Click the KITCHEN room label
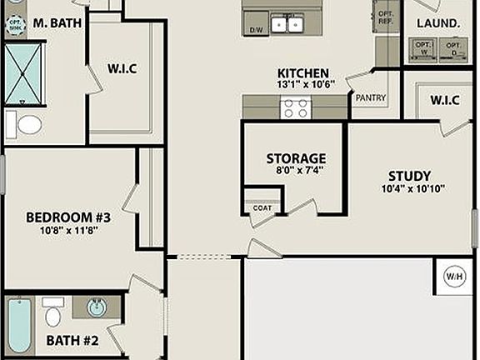[302, 73]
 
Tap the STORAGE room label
[296, 158]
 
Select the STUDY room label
[409, 176]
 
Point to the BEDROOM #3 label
[68, 217]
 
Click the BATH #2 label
[72, 340]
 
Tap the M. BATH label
[57, 23]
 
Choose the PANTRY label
[370, 97]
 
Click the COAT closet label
[262, 207]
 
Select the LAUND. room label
[439, 23]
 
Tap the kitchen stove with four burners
[294, 107]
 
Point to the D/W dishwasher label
[256, 30]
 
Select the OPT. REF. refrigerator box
[386, 18]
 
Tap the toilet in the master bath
[27, 125]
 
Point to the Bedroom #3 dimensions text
[68, 231]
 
